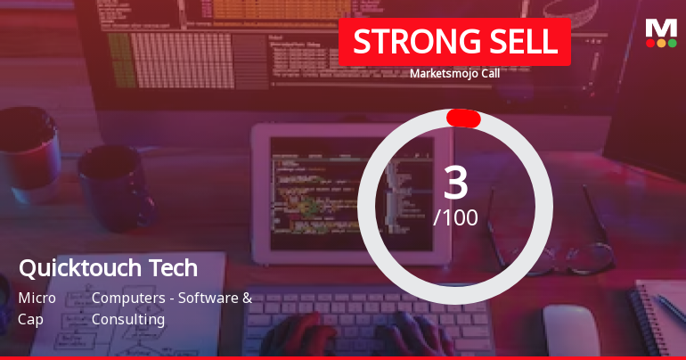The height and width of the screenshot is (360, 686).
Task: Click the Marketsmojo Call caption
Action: tap(454, 73)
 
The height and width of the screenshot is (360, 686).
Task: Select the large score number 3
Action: tap(455, 183)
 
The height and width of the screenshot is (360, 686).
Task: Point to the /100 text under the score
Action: tap(455, 217)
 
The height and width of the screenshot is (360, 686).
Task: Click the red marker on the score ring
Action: tap(463, 119)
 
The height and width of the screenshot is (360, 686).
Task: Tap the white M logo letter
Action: tap(661, 28)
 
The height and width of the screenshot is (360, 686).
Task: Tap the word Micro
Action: tap(37, 298)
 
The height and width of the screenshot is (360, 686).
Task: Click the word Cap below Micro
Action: tap(30, 318)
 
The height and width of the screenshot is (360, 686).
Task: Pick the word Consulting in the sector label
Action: tap(128, 318)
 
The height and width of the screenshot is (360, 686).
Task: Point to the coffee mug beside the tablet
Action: tap(111, 187)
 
